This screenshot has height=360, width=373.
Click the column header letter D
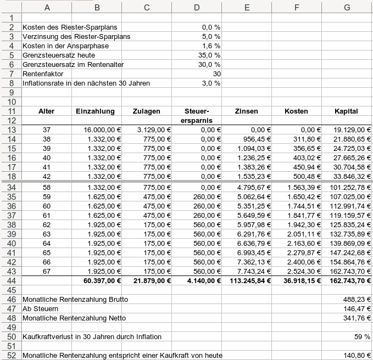(x=197, y=7)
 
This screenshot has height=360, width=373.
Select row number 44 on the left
(x=11, y=280)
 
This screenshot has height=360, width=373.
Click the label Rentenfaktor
(x=43, y=74)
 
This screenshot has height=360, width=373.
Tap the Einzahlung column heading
(x=94, y=111)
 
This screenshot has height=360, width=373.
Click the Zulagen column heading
(x=147, y=111)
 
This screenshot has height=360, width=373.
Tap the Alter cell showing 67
(x=46, y=271)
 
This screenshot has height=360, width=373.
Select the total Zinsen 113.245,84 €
(x=248, y=280)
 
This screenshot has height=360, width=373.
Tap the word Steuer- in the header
(x=197, y=111)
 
